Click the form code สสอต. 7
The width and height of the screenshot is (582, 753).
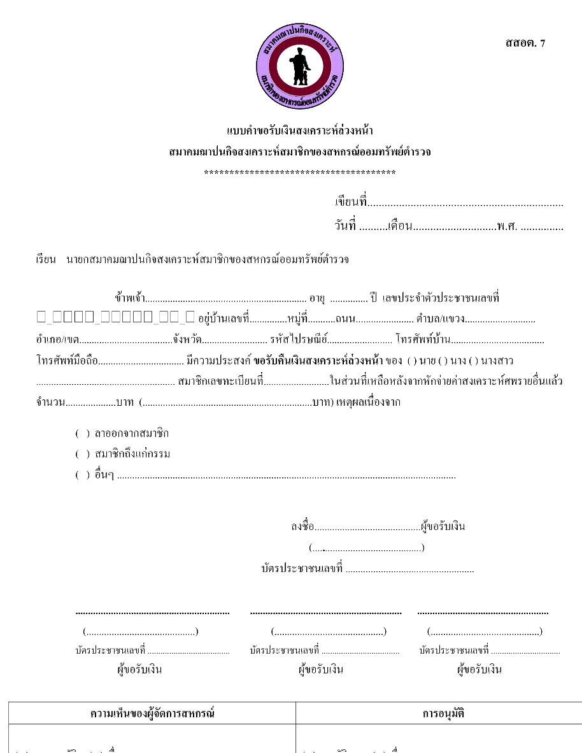click(x=525, y=43)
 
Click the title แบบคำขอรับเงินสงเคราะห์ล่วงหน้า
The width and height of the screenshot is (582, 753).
click(x=299, y=131)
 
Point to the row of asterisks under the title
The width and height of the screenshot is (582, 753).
click(x=299, y=173)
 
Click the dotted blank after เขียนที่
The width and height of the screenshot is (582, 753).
click(x=465, y=204)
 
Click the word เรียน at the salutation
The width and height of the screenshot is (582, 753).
click(x=46, y=260)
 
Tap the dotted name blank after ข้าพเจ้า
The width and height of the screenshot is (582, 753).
click(x=226, y=298)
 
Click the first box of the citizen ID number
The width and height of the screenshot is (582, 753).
click(x=41, y=317)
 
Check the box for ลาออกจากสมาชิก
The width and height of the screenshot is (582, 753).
click(x=83, y=434)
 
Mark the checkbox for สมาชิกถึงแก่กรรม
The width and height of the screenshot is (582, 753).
click(x=83, y=455)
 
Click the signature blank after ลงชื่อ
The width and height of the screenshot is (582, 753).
click(x=367, y=527)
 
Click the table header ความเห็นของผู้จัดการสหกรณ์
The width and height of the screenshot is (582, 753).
click(x=152, y=714)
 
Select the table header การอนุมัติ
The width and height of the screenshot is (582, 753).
click(x=443, y=714)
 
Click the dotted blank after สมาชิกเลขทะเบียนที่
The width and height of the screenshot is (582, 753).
click(x=296, y=383)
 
